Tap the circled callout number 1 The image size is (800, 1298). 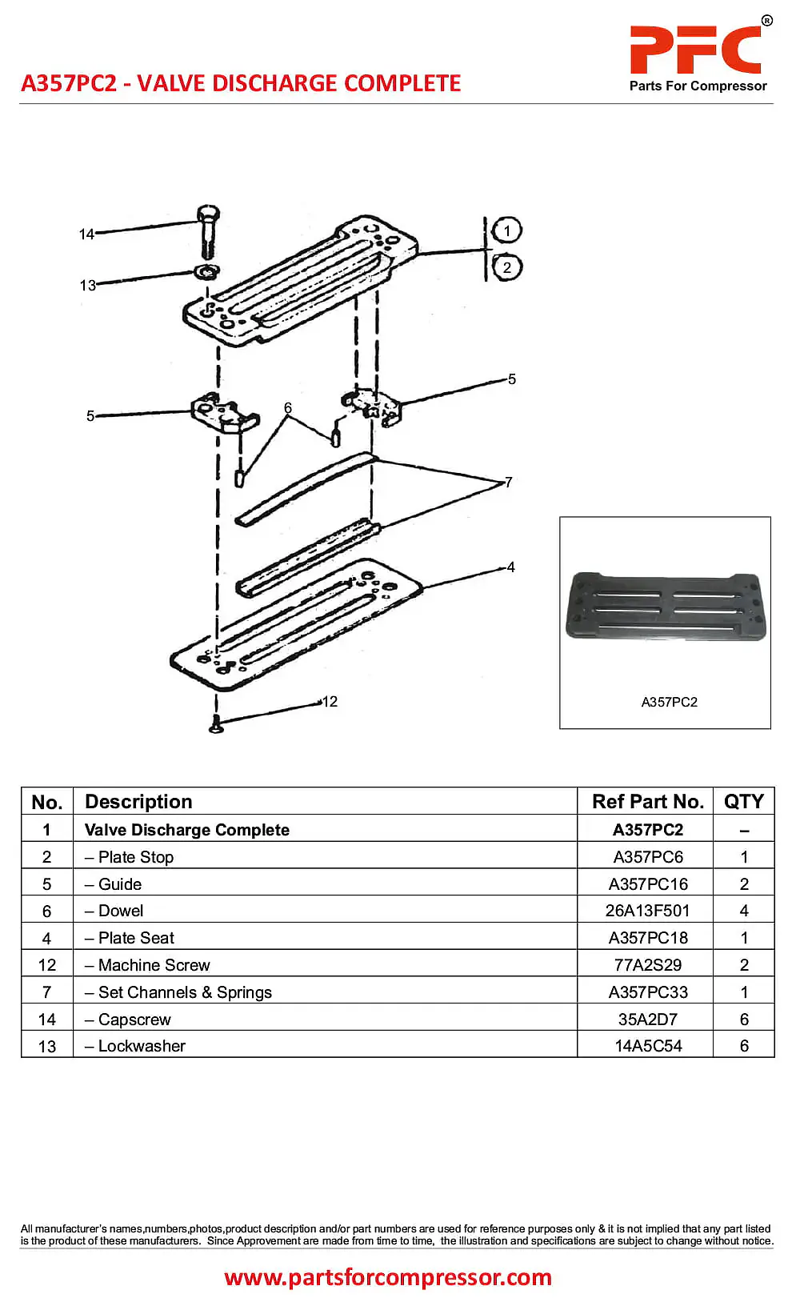tap(506, 230)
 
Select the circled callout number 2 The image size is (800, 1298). tap(506, 267)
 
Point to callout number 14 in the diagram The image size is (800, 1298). tap(86, 234)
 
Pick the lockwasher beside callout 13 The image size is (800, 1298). tap(207, 271)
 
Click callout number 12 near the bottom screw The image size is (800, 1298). tap(330, 702)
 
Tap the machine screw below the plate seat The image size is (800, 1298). tap(216, 724)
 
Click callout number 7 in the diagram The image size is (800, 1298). tap(508, 483)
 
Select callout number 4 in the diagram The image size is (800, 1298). tap(510, 567)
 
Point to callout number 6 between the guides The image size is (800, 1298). tap(288, 408)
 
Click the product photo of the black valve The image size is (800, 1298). tap(666, 606)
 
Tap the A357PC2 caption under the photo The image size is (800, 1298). tap(669, 702)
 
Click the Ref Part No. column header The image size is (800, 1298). tap(647, 802)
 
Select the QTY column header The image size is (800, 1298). tap(743, 802)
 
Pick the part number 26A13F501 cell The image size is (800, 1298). tap(647, 911)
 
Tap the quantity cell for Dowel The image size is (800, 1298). tap(744, 911)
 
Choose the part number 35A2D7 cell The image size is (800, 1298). tap(647, 1020)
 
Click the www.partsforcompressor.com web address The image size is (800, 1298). tap(388, 1277)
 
